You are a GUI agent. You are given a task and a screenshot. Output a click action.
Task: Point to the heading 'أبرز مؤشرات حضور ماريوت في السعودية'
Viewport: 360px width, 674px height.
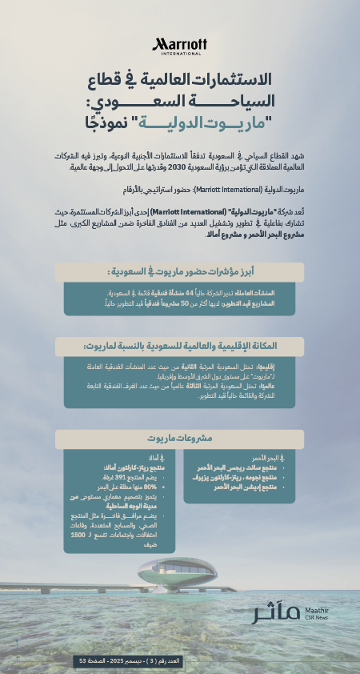(x=179, y=272)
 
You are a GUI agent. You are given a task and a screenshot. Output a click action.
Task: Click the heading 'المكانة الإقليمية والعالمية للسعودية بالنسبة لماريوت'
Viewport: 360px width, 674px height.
(x=179, y=346)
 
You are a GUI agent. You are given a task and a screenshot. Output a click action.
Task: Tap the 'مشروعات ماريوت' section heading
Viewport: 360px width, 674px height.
(x=179, y=438)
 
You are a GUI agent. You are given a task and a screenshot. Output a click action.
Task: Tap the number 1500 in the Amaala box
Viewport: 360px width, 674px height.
(x=77, y=535)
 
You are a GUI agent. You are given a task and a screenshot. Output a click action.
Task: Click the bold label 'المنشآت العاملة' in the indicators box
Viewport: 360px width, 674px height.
(x=260, y=294)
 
